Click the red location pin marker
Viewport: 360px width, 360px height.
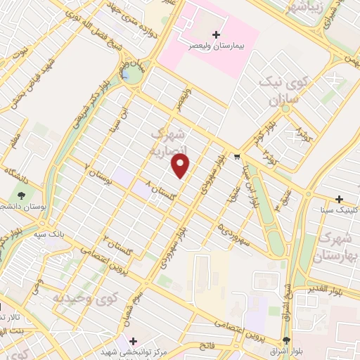pyautogui.click(x=181, y=166)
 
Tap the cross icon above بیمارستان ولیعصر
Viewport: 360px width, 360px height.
pyautogui.click(x=216, y=34)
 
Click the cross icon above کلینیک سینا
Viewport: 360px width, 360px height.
pyautogui.click(x=340, y=199)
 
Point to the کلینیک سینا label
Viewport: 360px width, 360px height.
pyautogui.click(x=335, y=210)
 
